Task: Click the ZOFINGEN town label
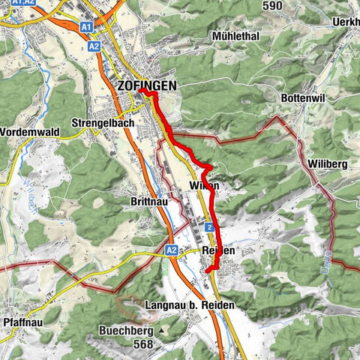click(x=147, y=86)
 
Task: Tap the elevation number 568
click(x=138, y=344)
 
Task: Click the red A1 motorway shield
click(x=86, y=26)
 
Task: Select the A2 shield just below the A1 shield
click(x=94, y=46)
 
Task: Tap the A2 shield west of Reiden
click(x=171, y=250)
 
